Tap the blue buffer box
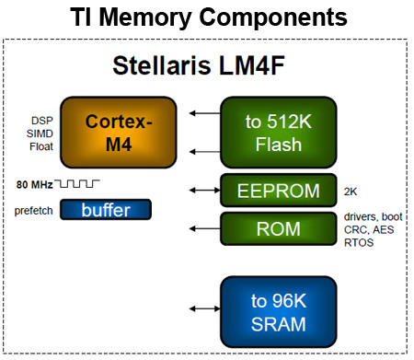pyautogui.click(x=106, y=210)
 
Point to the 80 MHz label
pyautogui.click(x=34, y=184)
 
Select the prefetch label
pyautogui.click(x=33, y=210)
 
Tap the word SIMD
pyautogui.click(x=40, y=133)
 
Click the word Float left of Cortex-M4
pyautogui.click(x=40, y=145)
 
